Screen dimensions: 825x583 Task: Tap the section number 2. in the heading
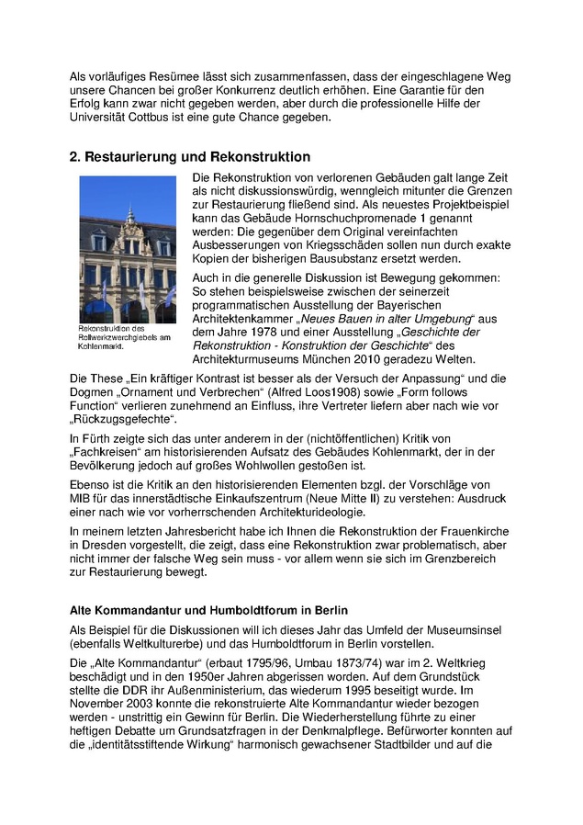[x=76, y=157]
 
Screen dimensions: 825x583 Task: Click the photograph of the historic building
[x=128, y=249]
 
